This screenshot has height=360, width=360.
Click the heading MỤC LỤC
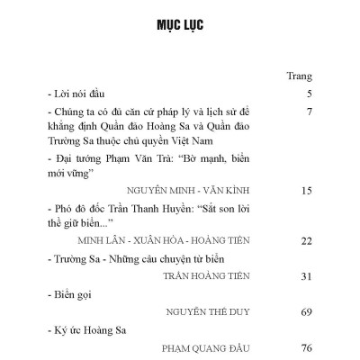(x=180, y=23)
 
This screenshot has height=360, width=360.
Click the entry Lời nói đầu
(x=82, y=94)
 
